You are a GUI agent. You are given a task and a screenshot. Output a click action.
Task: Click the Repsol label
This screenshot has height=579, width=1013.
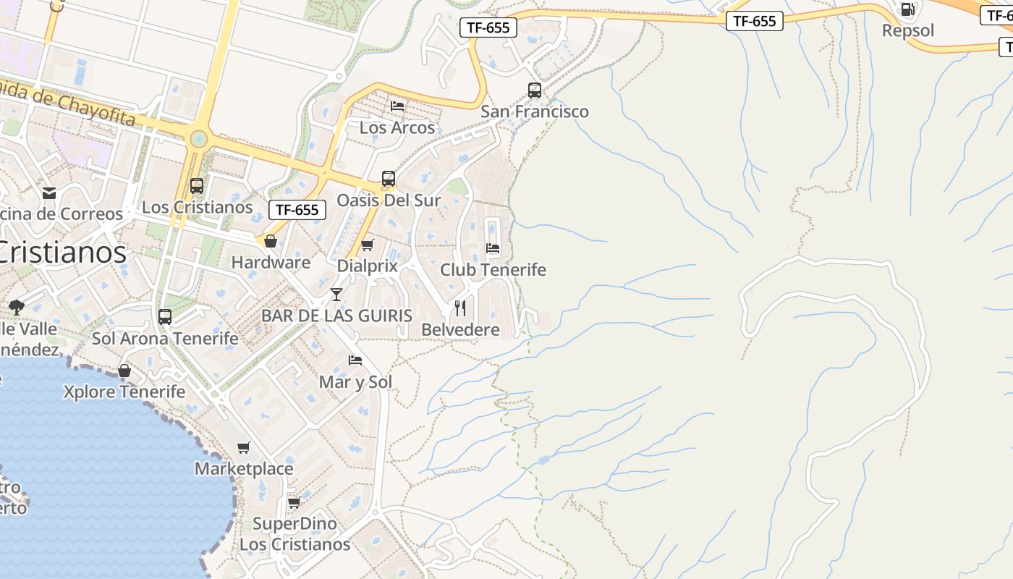[907, 30]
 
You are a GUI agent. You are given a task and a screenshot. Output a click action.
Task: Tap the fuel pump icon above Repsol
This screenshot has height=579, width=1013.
[907, 9]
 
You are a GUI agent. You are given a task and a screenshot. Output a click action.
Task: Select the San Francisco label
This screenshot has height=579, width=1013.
[535, 111]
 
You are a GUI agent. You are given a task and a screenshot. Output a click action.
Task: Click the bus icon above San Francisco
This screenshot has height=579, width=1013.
[535, 90]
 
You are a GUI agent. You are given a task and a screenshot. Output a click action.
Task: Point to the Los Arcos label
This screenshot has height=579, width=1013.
[397, 127]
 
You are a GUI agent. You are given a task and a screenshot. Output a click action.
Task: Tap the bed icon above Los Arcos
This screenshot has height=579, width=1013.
[397, 106]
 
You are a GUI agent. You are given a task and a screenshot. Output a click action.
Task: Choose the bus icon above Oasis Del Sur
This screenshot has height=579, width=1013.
[389, 179]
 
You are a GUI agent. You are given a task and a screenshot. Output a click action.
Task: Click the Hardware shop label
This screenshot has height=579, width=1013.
[271, 263]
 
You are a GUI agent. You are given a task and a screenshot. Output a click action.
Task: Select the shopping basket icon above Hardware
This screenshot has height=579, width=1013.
[271, 241]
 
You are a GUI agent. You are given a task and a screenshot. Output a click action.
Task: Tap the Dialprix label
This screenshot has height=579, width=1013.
[368, 266]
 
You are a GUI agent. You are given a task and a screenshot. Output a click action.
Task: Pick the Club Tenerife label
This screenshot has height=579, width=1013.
[493, 270]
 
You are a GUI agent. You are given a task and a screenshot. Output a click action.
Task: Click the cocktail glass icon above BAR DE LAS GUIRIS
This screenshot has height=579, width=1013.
[336, 294]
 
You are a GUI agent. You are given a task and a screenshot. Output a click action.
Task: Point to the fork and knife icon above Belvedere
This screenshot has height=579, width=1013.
[460, 308]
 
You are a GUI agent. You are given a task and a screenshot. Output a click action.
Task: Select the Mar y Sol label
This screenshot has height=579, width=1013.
[355, 381]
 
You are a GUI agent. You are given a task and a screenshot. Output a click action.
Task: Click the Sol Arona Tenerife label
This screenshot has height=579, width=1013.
[165, 338]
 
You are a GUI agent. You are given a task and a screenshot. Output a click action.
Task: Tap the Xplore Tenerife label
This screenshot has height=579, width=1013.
[124, 392]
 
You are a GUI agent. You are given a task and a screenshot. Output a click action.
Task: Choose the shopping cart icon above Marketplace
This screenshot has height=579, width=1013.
[244, 448]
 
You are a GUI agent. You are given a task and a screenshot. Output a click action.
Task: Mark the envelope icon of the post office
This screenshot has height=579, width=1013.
[49, 193]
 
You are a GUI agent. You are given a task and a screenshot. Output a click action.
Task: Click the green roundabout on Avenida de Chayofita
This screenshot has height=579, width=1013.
[198, 139]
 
